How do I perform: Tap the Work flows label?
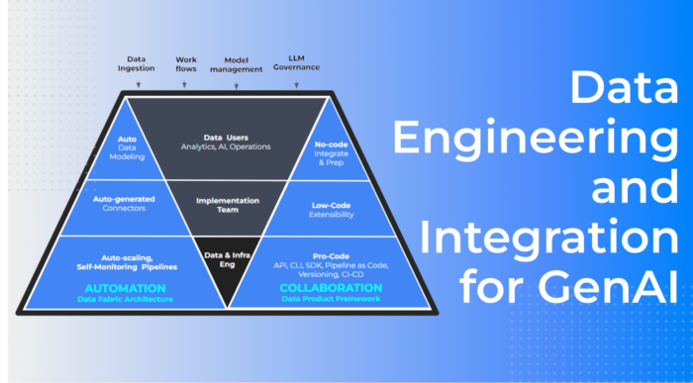[x=185, y=64]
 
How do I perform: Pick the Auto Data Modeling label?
[x=127, y=148]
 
